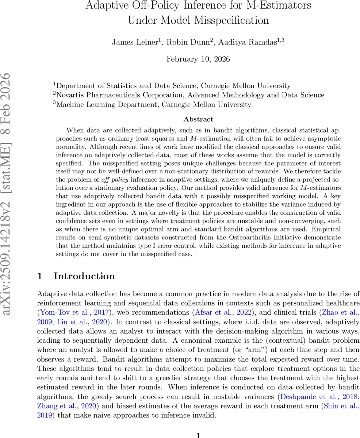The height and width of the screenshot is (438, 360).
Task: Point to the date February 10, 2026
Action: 198,59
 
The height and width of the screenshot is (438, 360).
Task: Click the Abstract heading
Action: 198,119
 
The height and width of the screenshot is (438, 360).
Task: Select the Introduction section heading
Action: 84,276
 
